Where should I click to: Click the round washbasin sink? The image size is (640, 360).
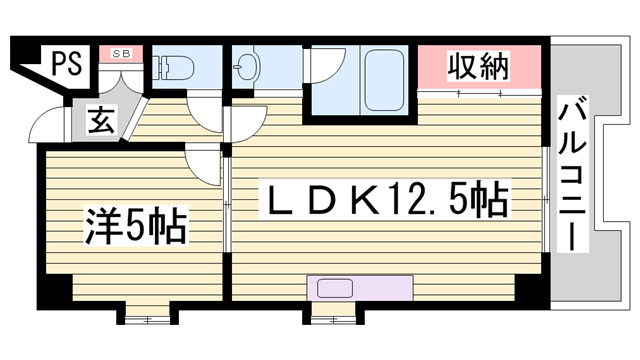click(x=248, y=70)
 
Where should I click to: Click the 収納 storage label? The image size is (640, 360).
click(x=478, y=67)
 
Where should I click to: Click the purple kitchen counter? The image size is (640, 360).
click(x=361, y=287)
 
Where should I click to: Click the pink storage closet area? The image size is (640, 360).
click(x=478, y=68)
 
